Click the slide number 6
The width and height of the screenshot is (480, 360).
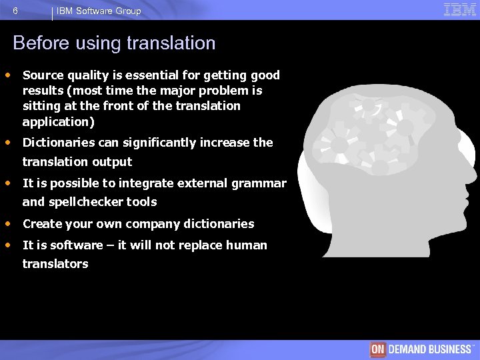(15, 11)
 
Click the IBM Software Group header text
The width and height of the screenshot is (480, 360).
(99, 11)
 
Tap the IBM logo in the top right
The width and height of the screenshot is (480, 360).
(460, 9)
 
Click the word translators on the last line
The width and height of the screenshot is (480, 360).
(55, 264)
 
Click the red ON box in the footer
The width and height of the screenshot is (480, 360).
(378, 349)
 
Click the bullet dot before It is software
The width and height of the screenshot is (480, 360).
(8, 245)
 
